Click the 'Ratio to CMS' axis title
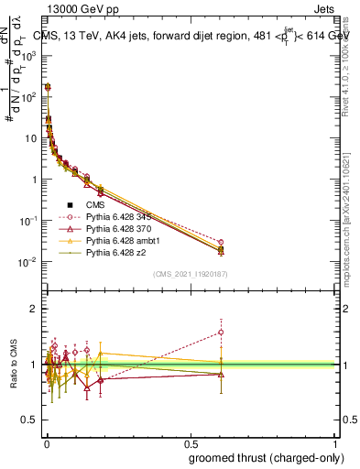click(14, 365)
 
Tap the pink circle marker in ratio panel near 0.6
click(221, 333)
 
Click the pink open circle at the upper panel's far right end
click(221, 242)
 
